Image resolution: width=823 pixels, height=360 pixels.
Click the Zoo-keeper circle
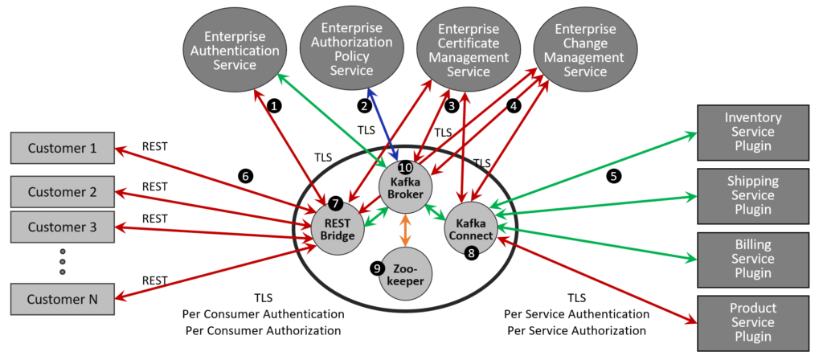[x=407, y=272]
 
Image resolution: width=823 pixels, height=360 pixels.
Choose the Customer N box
[x=62, y=299]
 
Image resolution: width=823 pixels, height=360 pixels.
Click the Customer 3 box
[x=62, y=227]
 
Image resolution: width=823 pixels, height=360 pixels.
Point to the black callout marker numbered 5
[x=614, y=177]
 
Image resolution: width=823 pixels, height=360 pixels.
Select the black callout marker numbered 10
[x=405, y=168]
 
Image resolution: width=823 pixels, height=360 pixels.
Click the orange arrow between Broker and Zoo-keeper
[x=406, y=230]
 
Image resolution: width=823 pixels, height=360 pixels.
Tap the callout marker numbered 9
[x=377, y=268]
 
